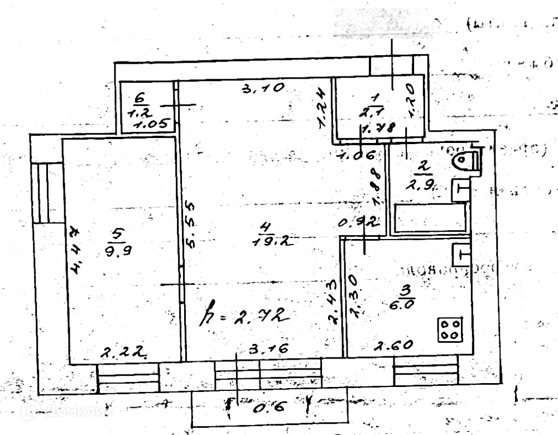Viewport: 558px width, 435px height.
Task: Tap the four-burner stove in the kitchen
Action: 450,329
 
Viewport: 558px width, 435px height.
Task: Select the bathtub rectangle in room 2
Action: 430,218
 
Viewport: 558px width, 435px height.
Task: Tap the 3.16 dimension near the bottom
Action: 269,350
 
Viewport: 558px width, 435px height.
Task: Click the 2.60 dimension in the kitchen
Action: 394,346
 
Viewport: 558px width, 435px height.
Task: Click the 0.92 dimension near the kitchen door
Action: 359,222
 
